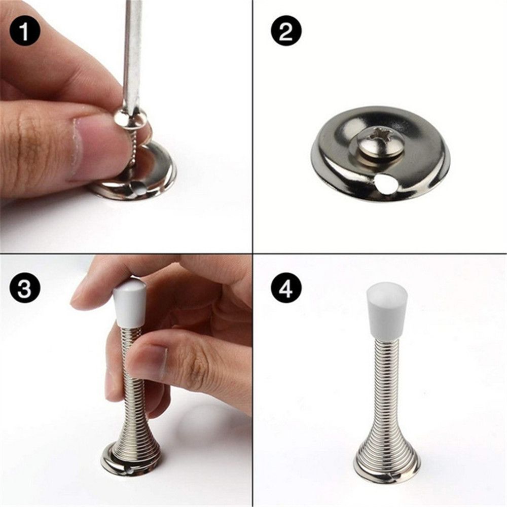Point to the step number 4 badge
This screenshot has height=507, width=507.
coord(286,289)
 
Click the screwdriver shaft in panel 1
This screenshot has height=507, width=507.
coord(133,51)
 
